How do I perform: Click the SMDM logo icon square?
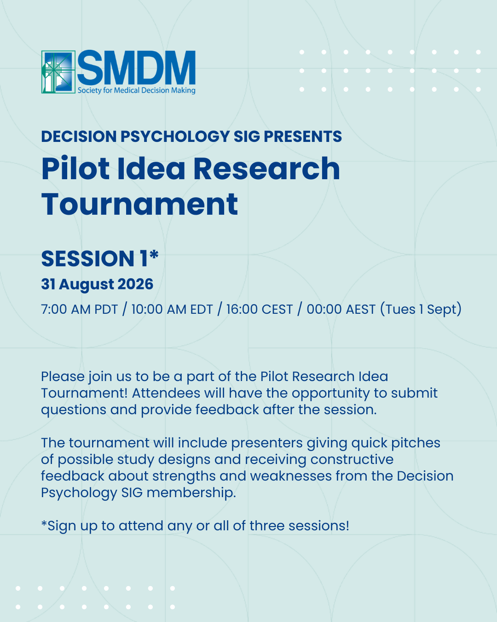58,72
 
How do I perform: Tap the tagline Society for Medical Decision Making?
137,90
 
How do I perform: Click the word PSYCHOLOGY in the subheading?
175,136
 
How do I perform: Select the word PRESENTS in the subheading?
303,136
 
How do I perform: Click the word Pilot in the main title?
75,169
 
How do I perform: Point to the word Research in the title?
266,169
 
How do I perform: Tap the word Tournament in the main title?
140,204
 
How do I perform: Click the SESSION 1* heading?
100,258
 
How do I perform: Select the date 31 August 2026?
97,284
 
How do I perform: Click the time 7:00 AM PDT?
80,309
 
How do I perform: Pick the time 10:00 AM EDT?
172,309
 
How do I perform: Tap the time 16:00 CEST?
260,309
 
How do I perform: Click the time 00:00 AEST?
341,309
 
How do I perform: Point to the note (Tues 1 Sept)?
421,309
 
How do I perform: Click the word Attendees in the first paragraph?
166,393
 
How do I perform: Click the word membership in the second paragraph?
191,492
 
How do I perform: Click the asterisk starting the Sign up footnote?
44,523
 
